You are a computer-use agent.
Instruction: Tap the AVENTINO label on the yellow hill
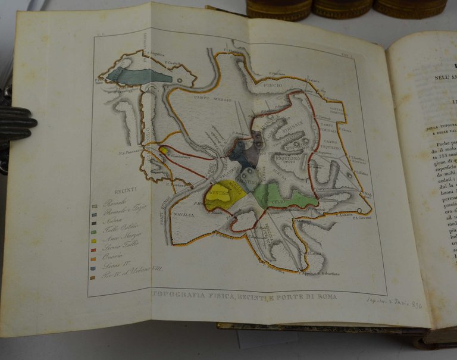point(219,193)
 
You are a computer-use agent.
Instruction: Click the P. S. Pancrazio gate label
point(136,153)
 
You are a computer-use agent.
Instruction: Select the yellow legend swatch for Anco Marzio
point(94,241)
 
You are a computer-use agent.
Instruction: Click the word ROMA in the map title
point(326,296)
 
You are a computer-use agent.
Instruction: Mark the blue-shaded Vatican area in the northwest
point(139,76)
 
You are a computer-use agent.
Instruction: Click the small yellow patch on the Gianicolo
point(163,151)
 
